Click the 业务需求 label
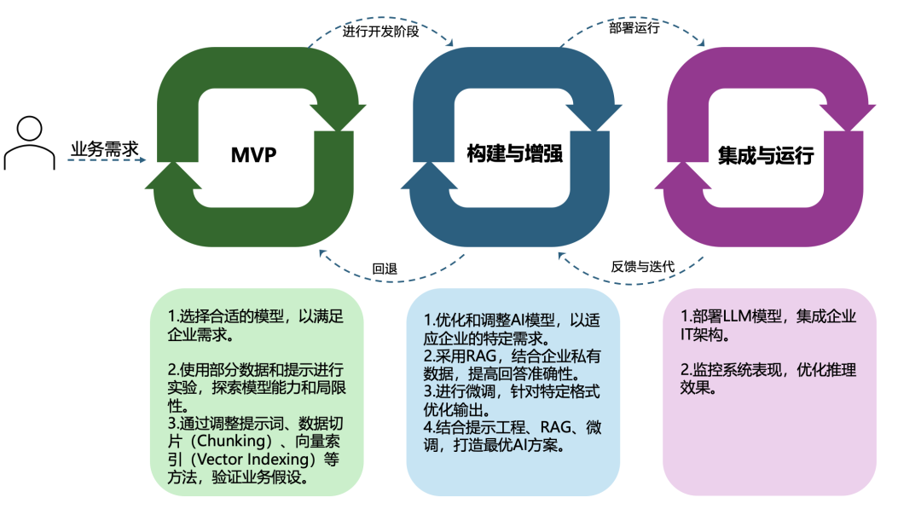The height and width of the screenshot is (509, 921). click(x=104, y=147)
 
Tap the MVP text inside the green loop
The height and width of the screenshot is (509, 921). click(x=255, y=154)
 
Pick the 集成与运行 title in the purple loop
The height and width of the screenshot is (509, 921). click(x=766, y=155)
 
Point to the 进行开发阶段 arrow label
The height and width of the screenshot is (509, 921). click(x=379, y=32)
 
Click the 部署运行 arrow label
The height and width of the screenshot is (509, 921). click(x=634, y=28)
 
